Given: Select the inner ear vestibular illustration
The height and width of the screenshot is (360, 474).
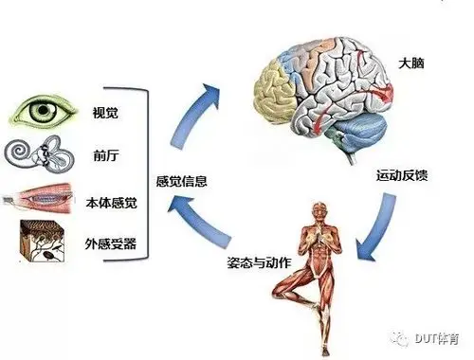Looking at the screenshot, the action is tap(37, 156).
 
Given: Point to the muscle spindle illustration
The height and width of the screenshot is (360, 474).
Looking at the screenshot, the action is tap(38, 200).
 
